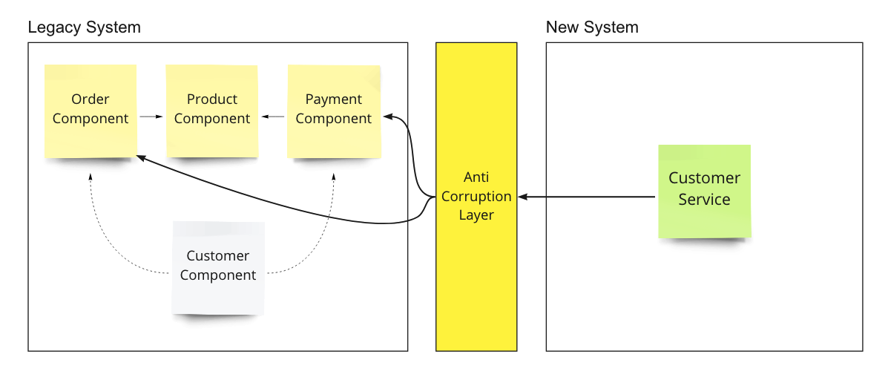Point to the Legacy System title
[84, 27]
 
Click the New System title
[592, 27]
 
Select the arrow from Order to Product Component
[151, 117]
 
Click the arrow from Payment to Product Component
[273, 117]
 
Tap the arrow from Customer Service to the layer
[586, 197]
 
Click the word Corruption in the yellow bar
[476, 197]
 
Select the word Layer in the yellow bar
[476, 215]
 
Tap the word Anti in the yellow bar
[476, 177]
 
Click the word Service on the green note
[704, 200]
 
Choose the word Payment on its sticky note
[334, 99]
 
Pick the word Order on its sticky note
[91, 99]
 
